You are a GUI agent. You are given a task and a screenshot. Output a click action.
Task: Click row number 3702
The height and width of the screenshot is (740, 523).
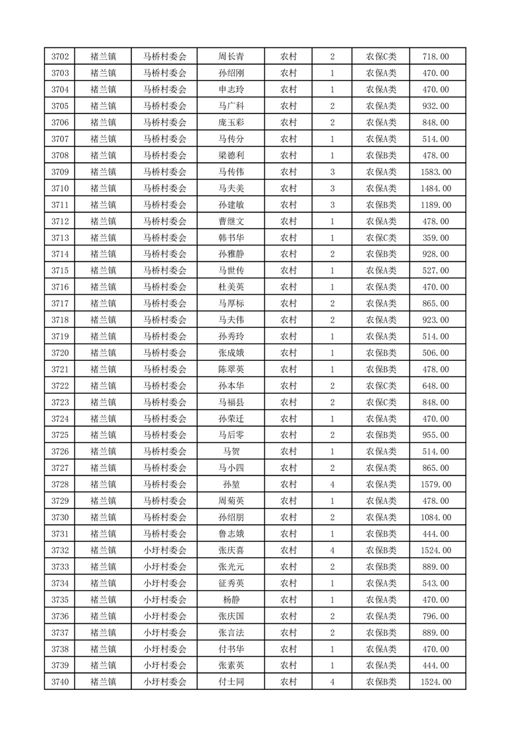[x=60, y=57]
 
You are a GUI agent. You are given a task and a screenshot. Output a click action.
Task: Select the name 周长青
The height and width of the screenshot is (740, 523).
[x=231, y=57]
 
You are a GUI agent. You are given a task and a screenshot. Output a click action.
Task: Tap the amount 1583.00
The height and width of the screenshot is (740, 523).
[x=435, y=172]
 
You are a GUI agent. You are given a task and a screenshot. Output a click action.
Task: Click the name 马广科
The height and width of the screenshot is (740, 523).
[x=231, y=106]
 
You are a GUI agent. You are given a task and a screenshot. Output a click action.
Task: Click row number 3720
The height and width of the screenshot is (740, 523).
[x=60, y=353]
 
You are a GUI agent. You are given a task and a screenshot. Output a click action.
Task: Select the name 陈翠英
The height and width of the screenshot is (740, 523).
[x=231, y=369]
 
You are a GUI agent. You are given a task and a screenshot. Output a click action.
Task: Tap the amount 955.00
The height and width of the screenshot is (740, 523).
[x=435, y=435]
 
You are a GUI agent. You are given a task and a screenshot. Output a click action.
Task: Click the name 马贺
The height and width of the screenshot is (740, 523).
[x=231, y=452]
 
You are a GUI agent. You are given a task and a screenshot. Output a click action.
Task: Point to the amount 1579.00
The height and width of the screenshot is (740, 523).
[x=435, y=485]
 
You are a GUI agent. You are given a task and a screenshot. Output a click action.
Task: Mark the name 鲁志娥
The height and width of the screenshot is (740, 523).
[x=231, y=534]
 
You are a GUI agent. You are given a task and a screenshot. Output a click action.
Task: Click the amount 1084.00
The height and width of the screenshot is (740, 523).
[x=435, y=518]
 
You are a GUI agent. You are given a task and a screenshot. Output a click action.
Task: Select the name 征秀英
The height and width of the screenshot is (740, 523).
[x=231, y=583]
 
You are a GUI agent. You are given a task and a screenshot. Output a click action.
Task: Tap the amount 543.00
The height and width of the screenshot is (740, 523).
[x=435, y=583]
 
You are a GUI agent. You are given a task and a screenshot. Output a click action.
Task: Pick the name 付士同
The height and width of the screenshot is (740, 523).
[x=231, y=682]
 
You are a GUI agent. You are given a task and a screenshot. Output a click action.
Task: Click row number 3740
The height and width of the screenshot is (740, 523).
[x=60, y=682]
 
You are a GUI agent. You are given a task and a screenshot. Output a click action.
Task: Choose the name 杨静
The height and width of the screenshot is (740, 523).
[x=231, y=600]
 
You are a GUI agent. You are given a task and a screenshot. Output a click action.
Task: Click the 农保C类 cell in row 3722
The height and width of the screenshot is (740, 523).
[x=381, y=386]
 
